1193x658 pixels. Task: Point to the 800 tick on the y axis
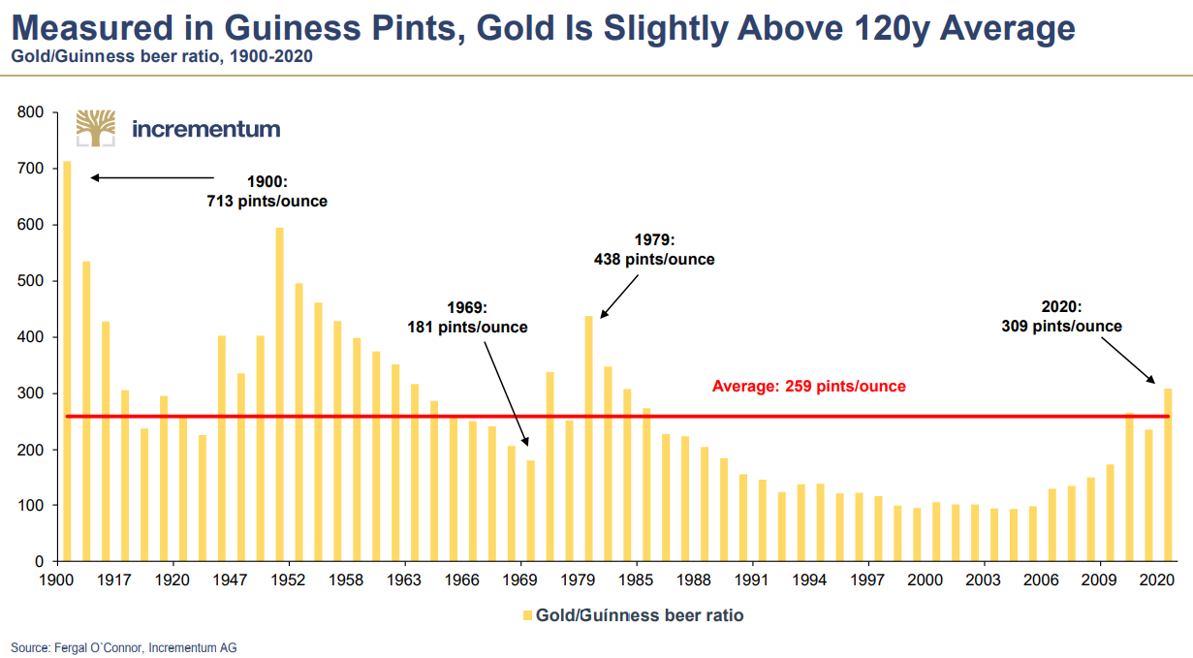coord(31,112)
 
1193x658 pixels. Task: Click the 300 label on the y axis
coord(31,393)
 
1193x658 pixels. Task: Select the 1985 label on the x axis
coord(636,580)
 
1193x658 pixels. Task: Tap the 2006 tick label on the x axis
coord(1042,580)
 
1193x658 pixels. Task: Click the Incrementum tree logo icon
coord(96,128)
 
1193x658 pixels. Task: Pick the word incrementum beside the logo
coord(205,129)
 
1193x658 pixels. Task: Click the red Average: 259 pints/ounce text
coord(808,387)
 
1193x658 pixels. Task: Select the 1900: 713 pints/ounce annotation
coord(267,192)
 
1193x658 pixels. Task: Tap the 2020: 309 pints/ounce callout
coord(1061,317)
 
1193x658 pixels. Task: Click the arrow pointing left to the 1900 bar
coord(152,177)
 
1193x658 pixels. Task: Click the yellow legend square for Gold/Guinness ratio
coord(527,615)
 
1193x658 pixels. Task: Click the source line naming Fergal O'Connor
coord(123,647)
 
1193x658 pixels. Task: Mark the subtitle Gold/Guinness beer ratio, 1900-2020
coord(161,56)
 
